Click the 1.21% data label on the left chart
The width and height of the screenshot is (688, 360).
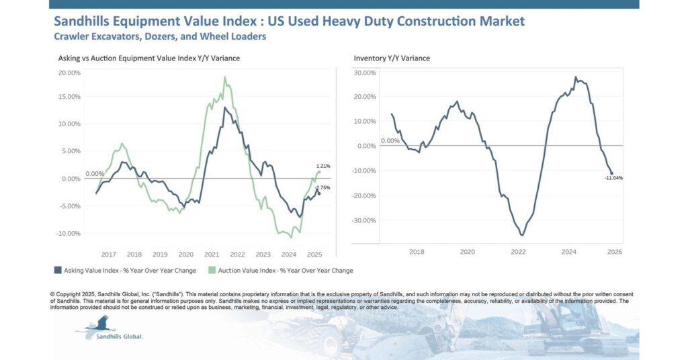[x=323, y=166]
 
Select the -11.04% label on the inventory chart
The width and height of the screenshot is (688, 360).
[x=614, y=178]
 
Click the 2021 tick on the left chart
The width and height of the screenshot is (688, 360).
[x=212, y=255]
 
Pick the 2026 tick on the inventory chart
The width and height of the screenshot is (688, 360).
[x=614, y=252]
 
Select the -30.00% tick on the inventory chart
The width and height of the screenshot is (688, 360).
[x=365, y=220]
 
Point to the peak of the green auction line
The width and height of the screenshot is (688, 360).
[x=225, y=77]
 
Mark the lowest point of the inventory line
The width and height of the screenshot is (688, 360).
[x=522, y=235]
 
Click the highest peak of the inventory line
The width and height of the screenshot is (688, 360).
[x=576, y=77]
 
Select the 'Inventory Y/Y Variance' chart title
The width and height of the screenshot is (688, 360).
[x=392, y=58]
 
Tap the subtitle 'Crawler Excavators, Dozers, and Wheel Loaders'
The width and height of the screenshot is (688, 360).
[x=159, y=36]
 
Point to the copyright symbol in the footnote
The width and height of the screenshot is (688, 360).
[x=52, y=294]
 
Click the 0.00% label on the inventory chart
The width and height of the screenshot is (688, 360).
[x=390, y=141]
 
